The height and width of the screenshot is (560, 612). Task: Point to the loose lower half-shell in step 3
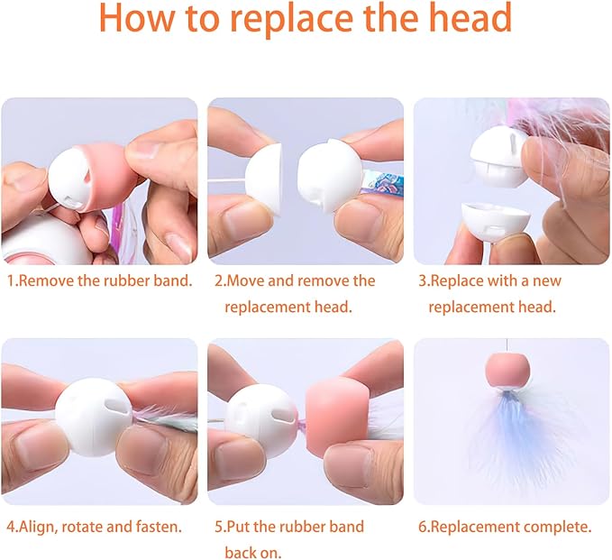coord(495,221)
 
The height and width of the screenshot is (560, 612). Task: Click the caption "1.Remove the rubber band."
coord(100,280)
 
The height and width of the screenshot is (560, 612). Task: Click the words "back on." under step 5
coord(253,553)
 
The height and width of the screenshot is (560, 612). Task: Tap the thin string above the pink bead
coord(507,346)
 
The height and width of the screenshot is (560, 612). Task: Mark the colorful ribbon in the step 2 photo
coord(384,183)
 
